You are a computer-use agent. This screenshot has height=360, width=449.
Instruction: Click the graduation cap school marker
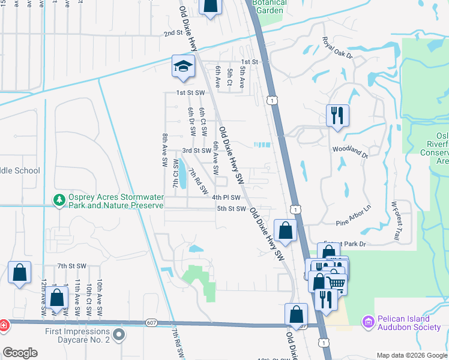pyautogui.click(x=183, y=66)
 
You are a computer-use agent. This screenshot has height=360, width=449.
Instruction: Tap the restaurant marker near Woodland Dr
pyautogui.click(x=337, y=114)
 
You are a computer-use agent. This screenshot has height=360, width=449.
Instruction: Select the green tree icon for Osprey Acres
pyautogui.click(x=59, y=200)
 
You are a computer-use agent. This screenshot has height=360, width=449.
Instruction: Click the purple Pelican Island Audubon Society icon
pyautogui.click(x=367, y=322)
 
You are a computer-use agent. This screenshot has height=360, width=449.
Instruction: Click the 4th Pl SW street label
pyautogui.click(x=226, y=197)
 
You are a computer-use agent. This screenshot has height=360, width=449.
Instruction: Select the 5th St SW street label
pyautogui.click(x=232, y=209)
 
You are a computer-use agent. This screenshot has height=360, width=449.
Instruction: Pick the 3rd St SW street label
pyautogui.click(x=197, y=151)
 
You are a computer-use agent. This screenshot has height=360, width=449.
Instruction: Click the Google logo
pyautogui.click(x=20, y=352)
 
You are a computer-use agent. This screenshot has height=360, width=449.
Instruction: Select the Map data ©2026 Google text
pyautogui.click(x=411, y=355)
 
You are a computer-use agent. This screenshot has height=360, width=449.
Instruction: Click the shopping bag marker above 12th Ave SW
pyautogui.click(x=20, y=272)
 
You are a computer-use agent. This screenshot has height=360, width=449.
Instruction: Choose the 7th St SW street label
pyautogui.click(x=72, y=265)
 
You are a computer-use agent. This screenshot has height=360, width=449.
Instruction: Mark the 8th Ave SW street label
pyautogui.click(x=164, y=150)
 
